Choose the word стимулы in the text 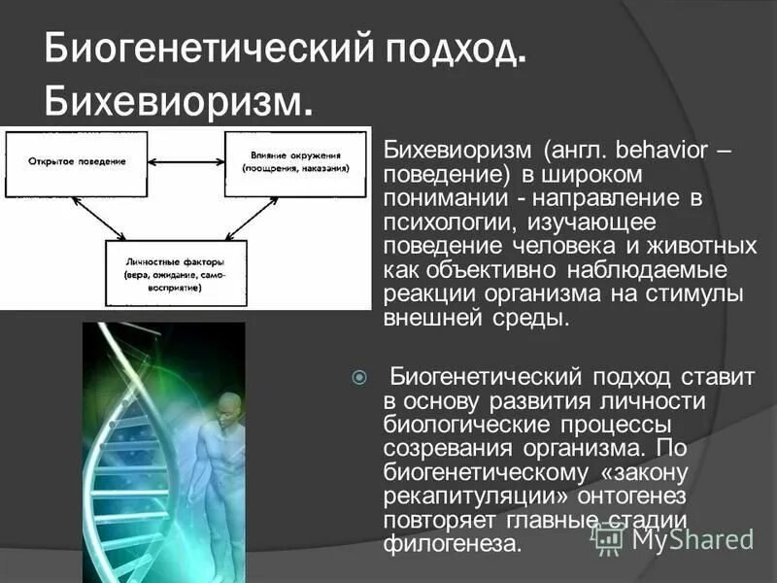point(710,293)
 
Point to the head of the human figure point(229,405)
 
